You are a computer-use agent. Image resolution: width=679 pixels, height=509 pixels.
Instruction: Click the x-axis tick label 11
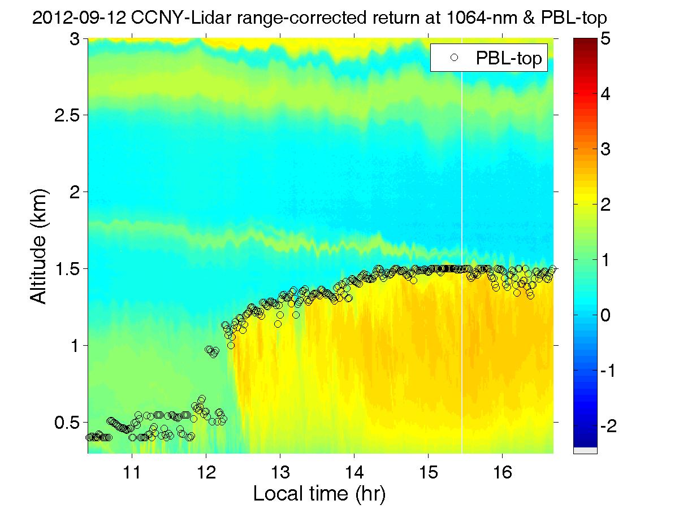[x=132, y=471]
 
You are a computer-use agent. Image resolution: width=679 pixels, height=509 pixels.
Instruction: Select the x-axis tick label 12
[x=206, y=471]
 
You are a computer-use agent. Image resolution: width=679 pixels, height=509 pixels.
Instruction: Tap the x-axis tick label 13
[x=280, y=471]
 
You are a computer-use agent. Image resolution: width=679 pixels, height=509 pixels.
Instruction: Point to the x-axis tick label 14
[x=354, y=471]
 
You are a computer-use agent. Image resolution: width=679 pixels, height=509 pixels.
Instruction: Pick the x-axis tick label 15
[x=428, y=471]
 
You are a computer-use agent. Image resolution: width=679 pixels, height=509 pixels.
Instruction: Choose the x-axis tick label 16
[x=502, y=471]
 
